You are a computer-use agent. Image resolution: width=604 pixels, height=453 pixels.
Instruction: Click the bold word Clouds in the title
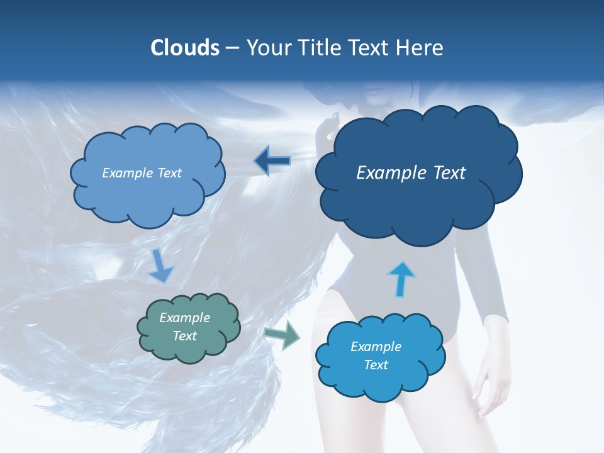tap(184, 48)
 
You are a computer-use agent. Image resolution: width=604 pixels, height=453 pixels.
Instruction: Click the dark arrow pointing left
tap(272, 162)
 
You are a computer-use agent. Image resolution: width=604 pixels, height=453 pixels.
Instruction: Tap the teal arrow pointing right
tap(282, 337)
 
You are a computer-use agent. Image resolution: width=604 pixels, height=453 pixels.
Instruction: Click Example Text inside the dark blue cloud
tap(411, 173)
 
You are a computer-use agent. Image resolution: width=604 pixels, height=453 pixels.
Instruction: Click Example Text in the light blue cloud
tap(142, 173)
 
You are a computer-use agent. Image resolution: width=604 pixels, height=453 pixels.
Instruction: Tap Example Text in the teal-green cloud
tap(185, 327)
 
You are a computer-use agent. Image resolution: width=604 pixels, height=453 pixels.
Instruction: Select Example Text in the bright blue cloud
tap(376, 355)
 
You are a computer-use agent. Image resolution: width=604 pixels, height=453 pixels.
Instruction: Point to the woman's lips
tap(374, 96)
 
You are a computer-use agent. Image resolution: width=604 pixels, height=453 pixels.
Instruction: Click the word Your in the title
tap(267, 48)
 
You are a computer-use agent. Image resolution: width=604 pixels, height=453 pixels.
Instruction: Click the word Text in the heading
tap(372, 48)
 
